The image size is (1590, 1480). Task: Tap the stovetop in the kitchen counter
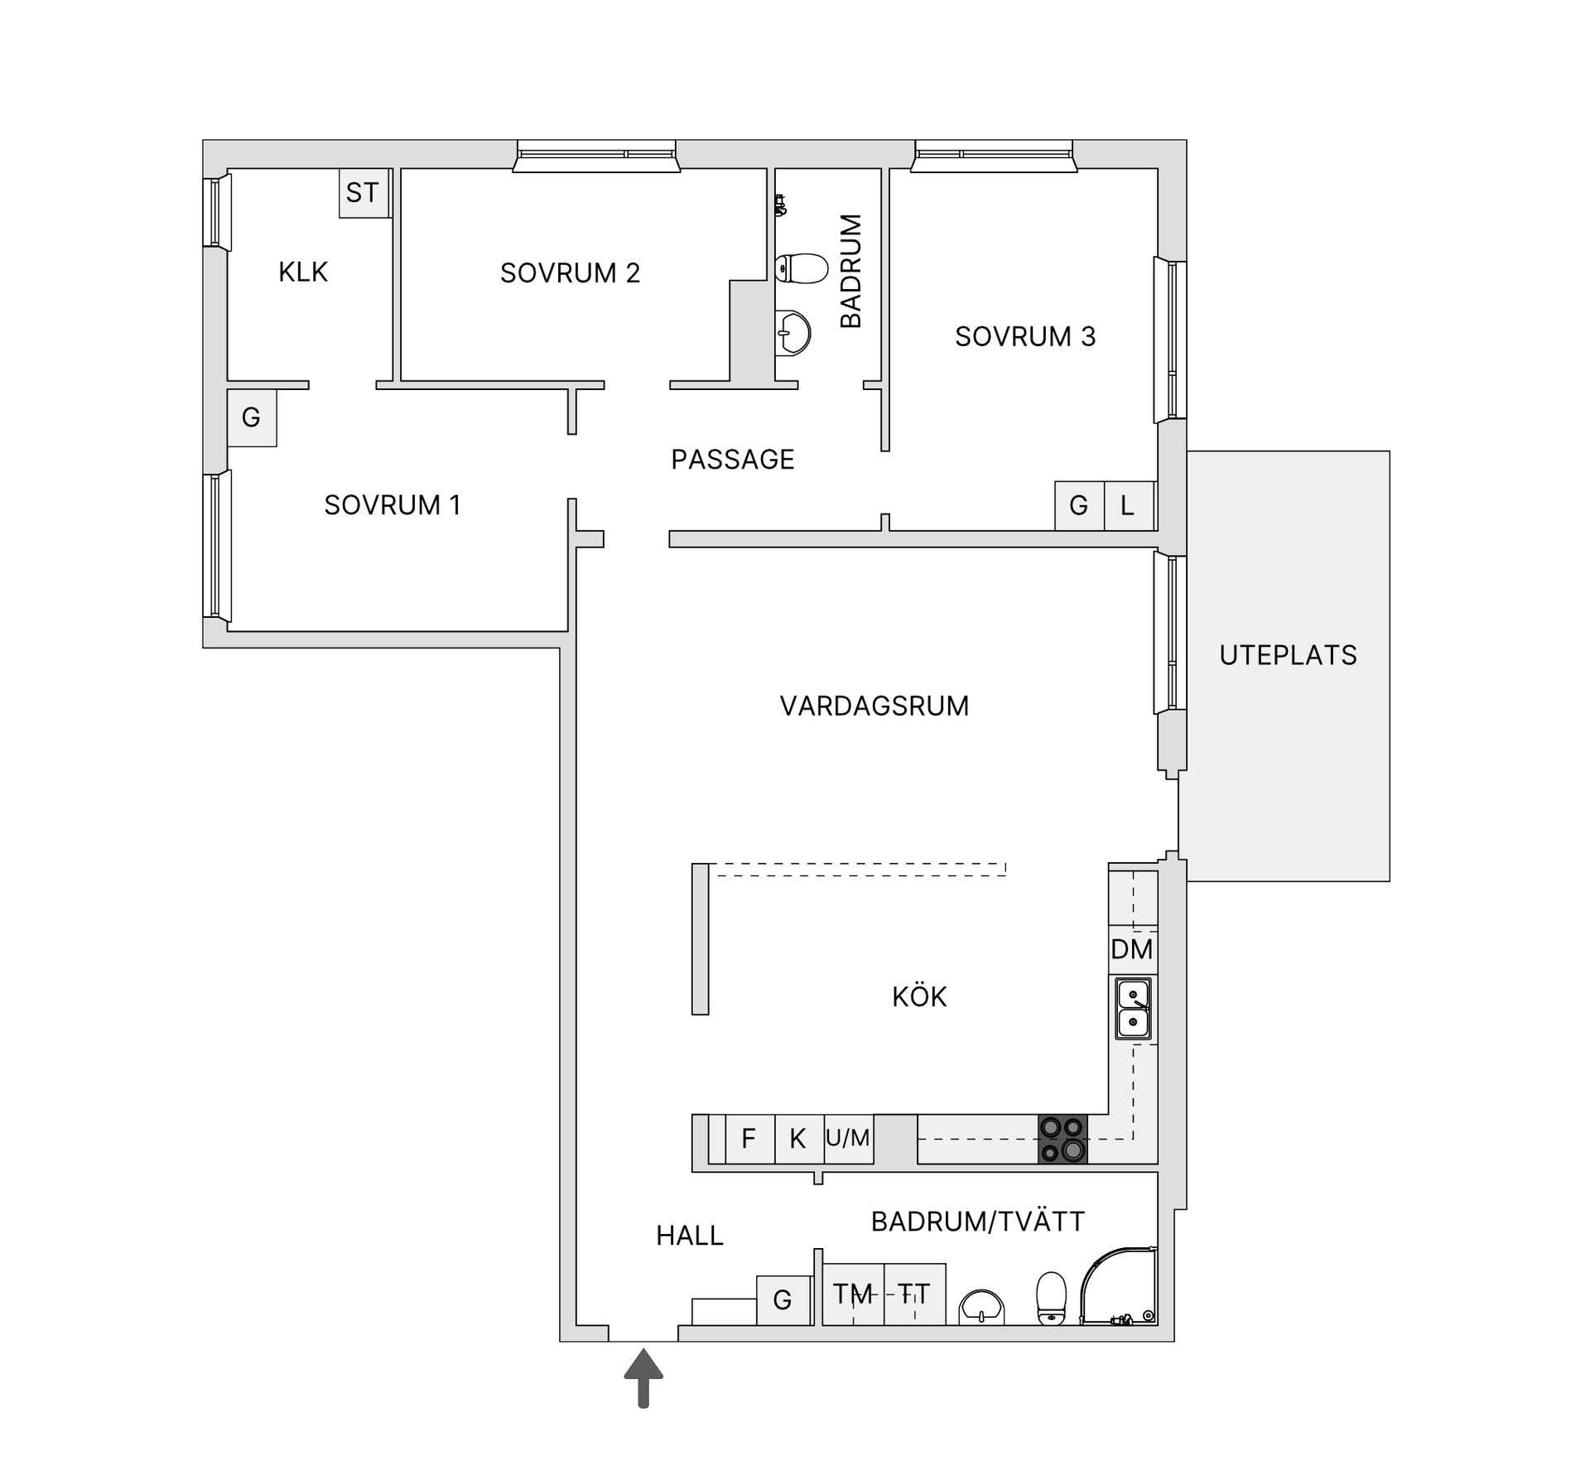pos(1062,1140)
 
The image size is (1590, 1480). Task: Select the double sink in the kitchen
pos(1133,1009)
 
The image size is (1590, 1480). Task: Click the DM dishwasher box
pos(1132,949)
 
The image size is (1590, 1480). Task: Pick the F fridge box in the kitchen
pos(749,1139)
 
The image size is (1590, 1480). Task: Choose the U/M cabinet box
pos(848,1139)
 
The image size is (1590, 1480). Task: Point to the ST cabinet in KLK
pos(363,193)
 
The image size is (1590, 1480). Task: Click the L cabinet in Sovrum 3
pos(1128,505)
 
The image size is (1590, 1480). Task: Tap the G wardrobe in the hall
pos(783,1299)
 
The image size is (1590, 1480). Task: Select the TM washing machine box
pos(853,1294)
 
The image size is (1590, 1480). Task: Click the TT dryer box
pos(915,1294)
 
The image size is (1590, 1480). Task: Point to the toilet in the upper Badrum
pos(802,268)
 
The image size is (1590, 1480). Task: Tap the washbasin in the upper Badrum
pos(793,334)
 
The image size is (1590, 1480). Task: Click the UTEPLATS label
pos(1288,656)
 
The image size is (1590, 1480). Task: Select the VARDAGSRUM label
pos(874,706)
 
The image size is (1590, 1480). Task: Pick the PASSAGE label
pos(733,460)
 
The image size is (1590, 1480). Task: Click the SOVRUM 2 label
pos(570,273)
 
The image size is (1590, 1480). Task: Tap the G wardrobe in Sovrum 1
pos(252,417)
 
